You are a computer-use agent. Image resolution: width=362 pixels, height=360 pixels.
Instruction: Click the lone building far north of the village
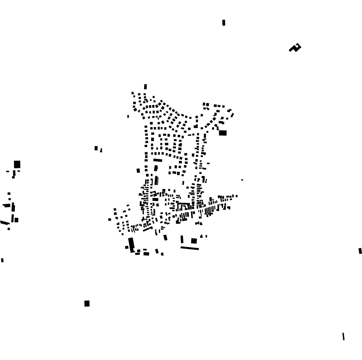point(224,23)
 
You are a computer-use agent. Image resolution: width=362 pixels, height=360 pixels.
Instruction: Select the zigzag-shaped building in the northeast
point(295,48)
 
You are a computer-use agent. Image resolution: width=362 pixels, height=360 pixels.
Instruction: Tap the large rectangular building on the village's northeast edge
point(223,133)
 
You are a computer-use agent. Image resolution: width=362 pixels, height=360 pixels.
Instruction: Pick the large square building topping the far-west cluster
point(17,164)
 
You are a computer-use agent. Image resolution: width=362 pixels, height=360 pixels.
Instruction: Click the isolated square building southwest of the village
point(87,304)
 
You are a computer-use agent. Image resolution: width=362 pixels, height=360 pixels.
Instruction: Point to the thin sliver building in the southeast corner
point(343,336)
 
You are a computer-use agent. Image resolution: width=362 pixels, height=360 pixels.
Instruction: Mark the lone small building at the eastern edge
point(360,251)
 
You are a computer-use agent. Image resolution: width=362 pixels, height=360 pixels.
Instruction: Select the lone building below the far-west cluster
point(2,260)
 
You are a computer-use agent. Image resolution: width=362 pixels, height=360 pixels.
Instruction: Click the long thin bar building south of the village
point(190,248)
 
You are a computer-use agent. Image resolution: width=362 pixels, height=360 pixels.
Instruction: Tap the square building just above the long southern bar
point(194,241)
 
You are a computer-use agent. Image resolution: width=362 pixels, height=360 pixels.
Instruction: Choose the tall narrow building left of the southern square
point(182,239)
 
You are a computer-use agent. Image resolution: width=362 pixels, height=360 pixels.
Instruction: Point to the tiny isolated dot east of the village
point(242,180)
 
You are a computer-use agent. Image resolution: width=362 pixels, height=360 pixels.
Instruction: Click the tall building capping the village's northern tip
point(146,87)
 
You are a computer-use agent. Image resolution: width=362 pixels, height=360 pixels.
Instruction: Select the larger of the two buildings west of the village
point(96,148)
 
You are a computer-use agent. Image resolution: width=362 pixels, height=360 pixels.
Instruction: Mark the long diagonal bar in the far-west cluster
point(5,222)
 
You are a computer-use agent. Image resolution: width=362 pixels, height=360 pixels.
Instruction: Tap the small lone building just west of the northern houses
point(128,116)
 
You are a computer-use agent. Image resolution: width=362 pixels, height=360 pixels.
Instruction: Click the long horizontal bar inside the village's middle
point(158,160)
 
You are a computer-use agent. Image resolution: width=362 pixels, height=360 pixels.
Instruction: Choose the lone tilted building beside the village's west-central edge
point(138,170)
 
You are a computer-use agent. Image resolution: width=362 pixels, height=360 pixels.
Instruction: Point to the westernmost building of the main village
point(110,219)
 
